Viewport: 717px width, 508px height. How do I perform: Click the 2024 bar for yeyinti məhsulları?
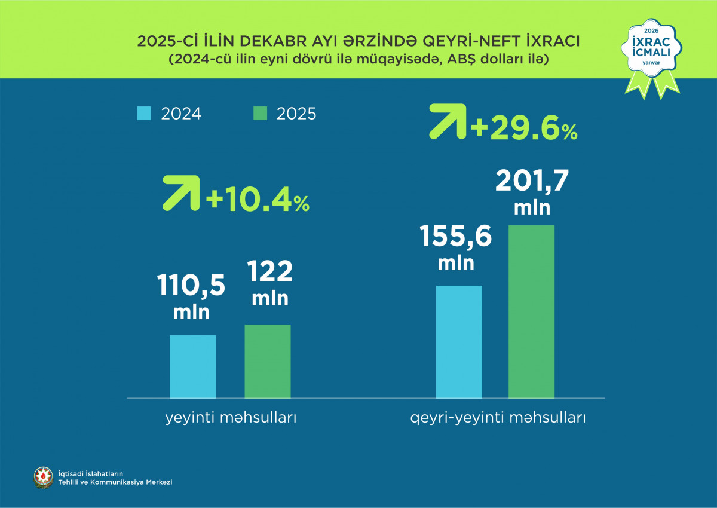[192, 366]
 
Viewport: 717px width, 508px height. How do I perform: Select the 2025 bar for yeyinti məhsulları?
[268, 361]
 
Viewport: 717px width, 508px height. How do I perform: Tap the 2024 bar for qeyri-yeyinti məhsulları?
[459, 342]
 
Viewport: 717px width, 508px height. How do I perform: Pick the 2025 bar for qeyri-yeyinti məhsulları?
[531, 311]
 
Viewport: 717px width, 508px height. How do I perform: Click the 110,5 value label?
[191, 286]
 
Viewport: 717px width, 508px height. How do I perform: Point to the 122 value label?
[270, 273]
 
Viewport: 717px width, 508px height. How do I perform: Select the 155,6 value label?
[456, 237]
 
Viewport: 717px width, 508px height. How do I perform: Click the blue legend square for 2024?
[145, 114]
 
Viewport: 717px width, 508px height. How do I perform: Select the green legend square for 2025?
[260, 114]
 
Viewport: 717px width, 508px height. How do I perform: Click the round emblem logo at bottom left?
[43, 476]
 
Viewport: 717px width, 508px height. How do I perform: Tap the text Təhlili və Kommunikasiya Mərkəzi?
[115, 482]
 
